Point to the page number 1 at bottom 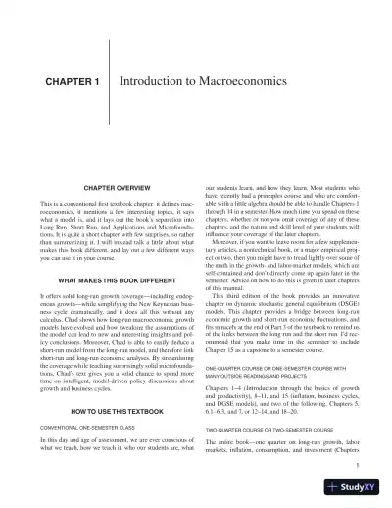pyautogui.click(x=358, y=467)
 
